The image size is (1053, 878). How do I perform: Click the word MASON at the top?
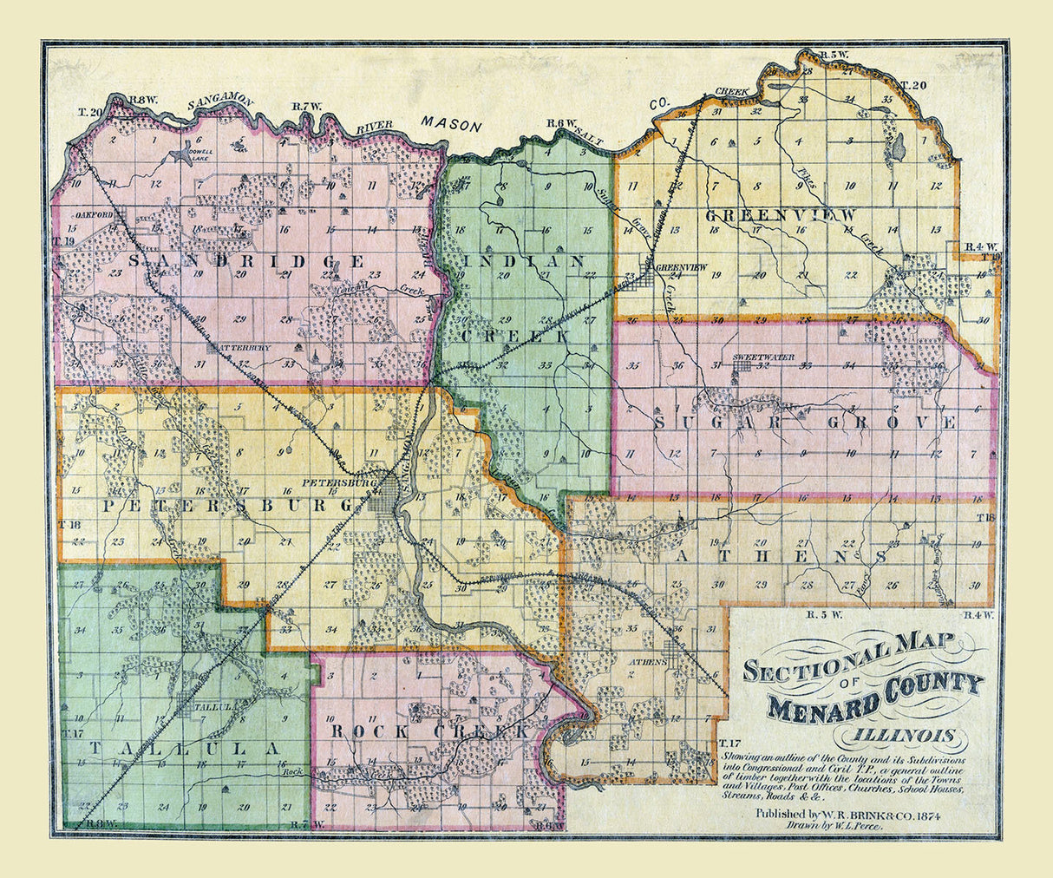(452, 126)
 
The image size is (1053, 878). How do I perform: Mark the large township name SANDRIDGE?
(246, 260)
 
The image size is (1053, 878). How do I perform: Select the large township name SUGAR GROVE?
(804, 423)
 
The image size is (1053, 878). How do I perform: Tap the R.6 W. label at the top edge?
(561, 123)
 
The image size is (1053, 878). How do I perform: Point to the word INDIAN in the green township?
(525, 260)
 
